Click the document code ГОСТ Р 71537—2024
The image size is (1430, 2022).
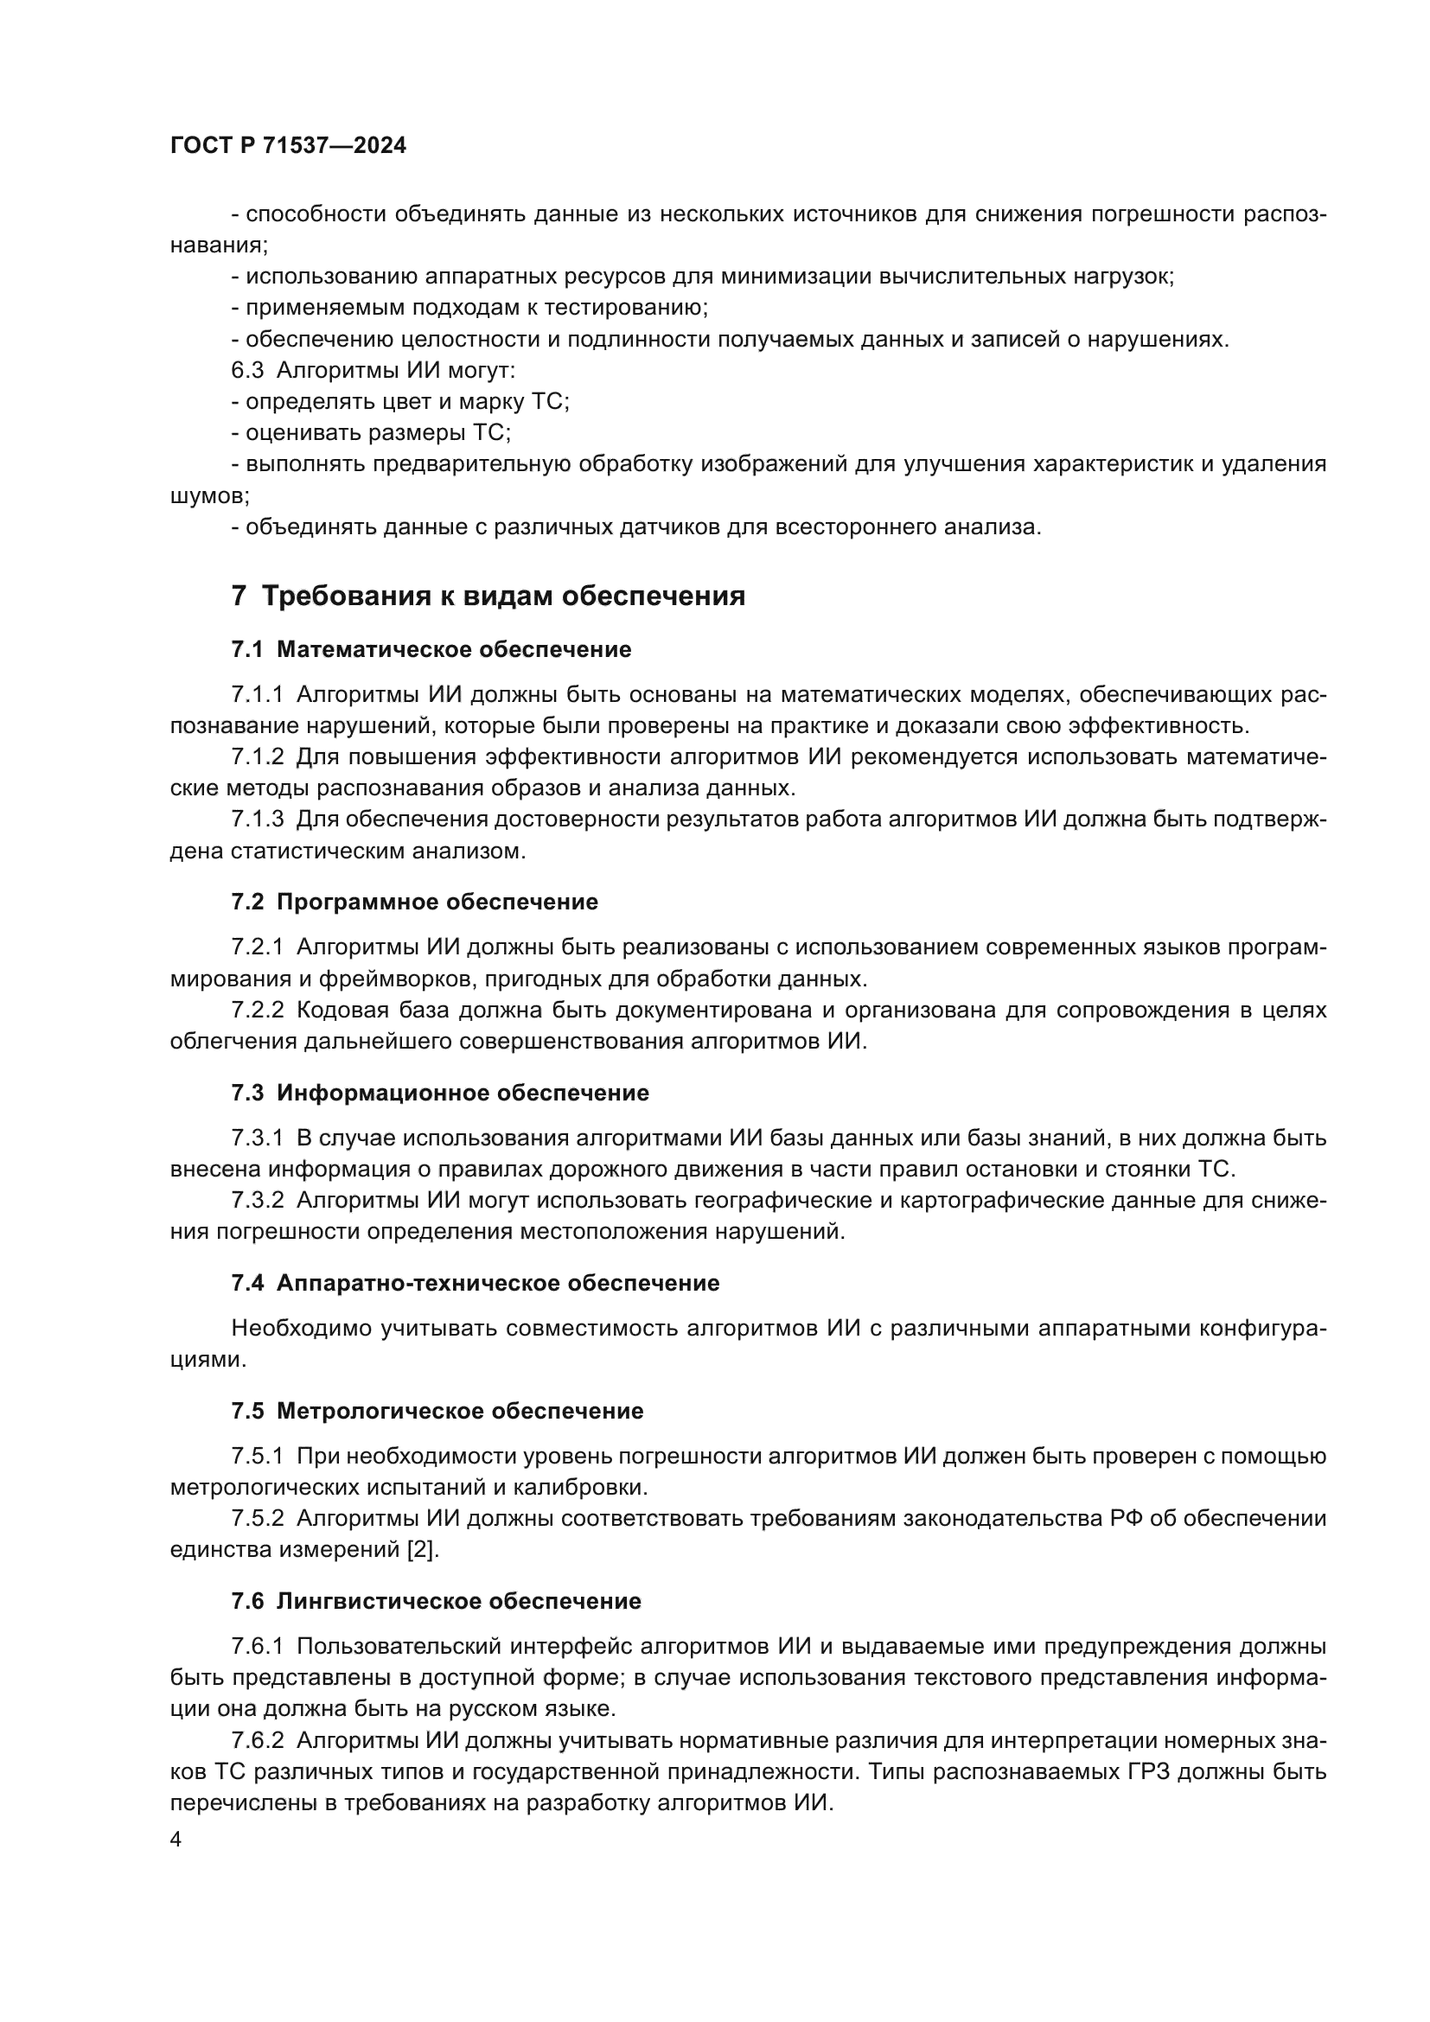[x=288, y=146]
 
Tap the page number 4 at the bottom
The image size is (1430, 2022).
[x=176, y=1840]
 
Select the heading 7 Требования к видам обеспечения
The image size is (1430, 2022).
[x=488, y=596]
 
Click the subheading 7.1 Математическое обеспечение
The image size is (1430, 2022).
[x=431, y=650]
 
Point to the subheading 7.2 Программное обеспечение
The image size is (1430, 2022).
[x=415, y=902]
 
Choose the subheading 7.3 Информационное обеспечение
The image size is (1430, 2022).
[x=440, y=1093]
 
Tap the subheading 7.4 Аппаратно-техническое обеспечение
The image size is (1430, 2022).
[x=476, y=1283]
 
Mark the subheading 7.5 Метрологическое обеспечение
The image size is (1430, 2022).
[x=437, y=1411]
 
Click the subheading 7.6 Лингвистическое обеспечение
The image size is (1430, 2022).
[x=437, y=1601]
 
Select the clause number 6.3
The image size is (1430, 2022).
[x=247, y=371]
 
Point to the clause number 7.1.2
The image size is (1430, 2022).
[x=257, y=757]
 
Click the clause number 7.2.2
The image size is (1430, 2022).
[x=257, y=1010]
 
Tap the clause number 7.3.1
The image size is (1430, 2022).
[x=257, y=1139]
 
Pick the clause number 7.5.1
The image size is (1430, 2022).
[x=257, y=1457]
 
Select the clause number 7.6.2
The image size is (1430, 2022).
[x=257, y=1741]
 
